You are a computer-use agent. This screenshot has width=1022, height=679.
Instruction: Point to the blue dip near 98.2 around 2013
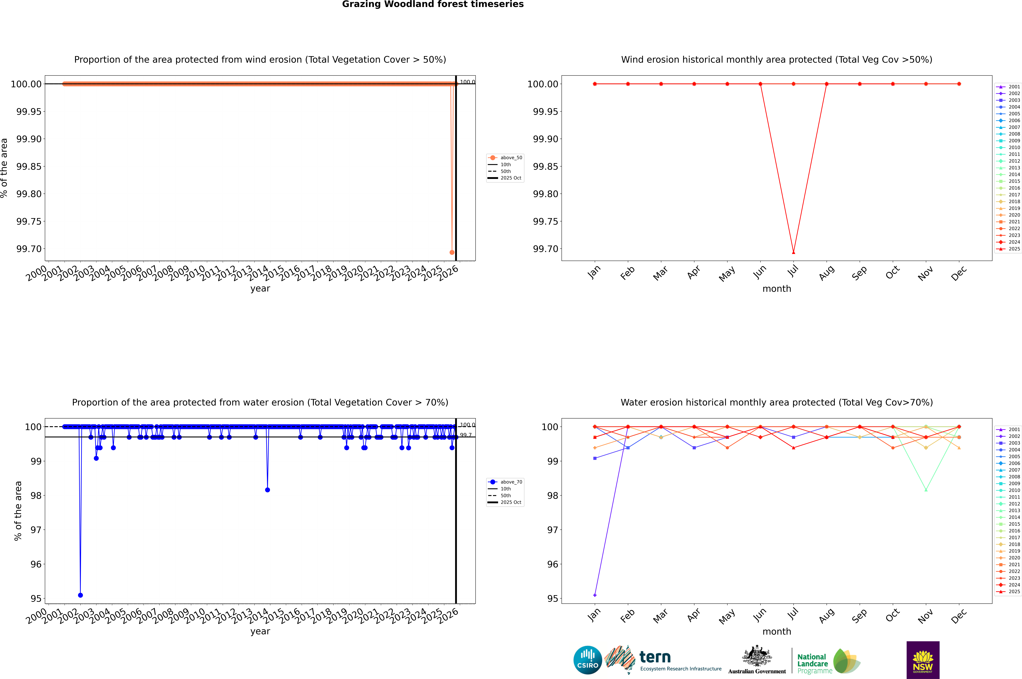click(267, 490)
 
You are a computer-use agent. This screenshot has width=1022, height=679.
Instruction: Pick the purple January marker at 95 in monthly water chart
click(595, 595)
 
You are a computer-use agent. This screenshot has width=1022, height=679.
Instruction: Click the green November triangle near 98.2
click(926, 490)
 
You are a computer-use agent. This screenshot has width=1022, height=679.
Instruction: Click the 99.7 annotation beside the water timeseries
click(466, 435)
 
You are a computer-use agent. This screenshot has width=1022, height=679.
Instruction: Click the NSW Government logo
click(923, 660)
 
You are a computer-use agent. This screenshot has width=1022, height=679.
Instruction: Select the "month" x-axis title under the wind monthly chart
click(776, 289)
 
